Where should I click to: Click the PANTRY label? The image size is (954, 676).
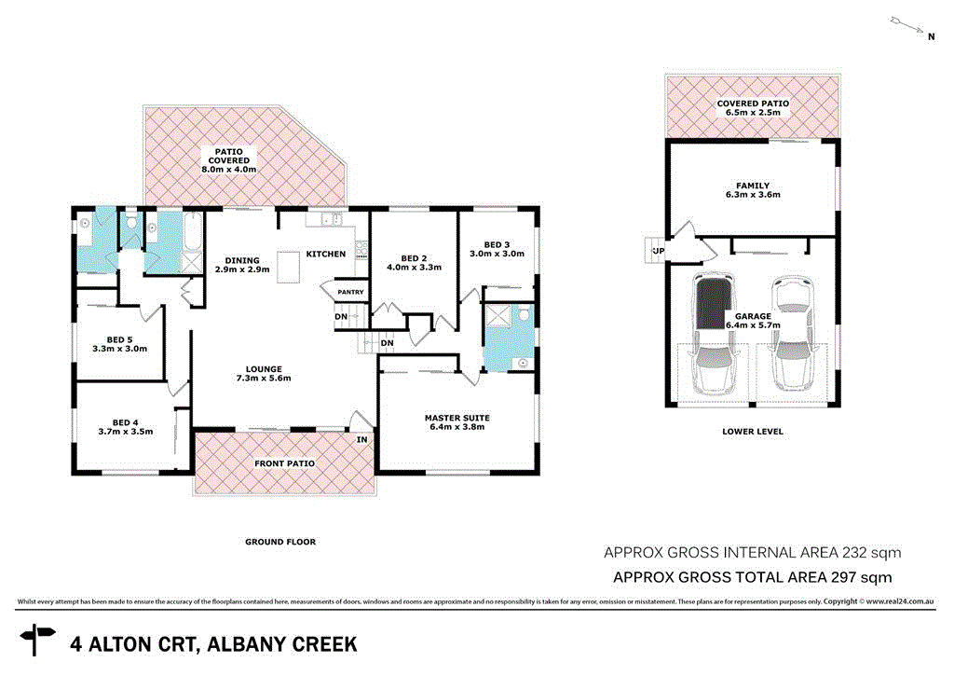pos(349,292)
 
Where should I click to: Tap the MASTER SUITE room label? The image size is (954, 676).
pos(457,418)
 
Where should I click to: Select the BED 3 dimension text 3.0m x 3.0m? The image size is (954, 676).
pos(497,254)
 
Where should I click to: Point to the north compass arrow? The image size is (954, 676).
pos(909,25)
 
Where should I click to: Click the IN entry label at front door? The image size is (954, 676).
pos(361,439)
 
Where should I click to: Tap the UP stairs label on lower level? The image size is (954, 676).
pos(658,252)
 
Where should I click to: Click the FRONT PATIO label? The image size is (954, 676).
pos(284,463)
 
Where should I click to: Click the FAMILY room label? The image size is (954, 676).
pos(752,186)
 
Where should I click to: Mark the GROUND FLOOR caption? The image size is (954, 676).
pos(280,542)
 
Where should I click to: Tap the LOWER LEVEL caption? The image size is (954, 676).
pos(752,432)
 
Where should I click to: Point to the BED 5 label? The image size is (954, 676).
pos(120,339)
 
